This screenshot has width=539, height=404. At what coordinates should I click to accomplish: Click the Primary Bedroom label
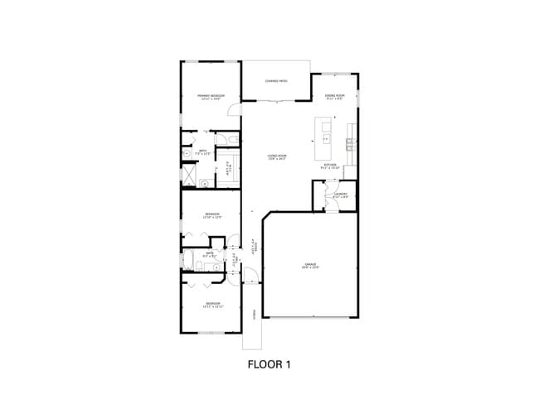(x=211, y=97)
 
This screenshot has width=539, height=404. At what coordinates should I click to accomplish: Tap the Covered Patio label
(x=276, y=81)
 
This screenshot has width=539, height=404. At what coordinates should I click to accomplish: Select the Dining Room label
(x=333, y=97)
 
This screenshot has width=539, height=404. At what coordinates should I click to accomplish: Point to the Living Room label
(x=277, y=156)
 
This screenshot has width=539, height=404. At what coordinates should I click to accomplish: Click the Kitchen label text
(x=329, y=166)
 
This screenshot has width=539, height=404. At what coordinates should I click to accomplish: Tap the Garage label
(x=310, y=267)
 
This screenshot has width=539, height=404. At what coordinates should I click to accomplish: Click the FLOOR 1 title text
(x=269, y=363)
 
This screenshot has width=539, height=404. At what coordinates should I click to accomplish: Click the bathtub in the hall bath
(x=189, y=261)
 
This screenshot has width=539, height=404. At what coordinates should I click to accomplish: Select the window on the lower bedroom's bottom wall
(x=212, y=332)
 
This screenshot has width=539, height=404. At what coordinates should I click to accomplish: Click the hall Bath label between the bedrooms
(x=209, y=254)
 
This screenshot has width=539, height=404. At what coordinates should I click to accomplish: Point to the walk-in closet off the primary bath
(x=228, y=169)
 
